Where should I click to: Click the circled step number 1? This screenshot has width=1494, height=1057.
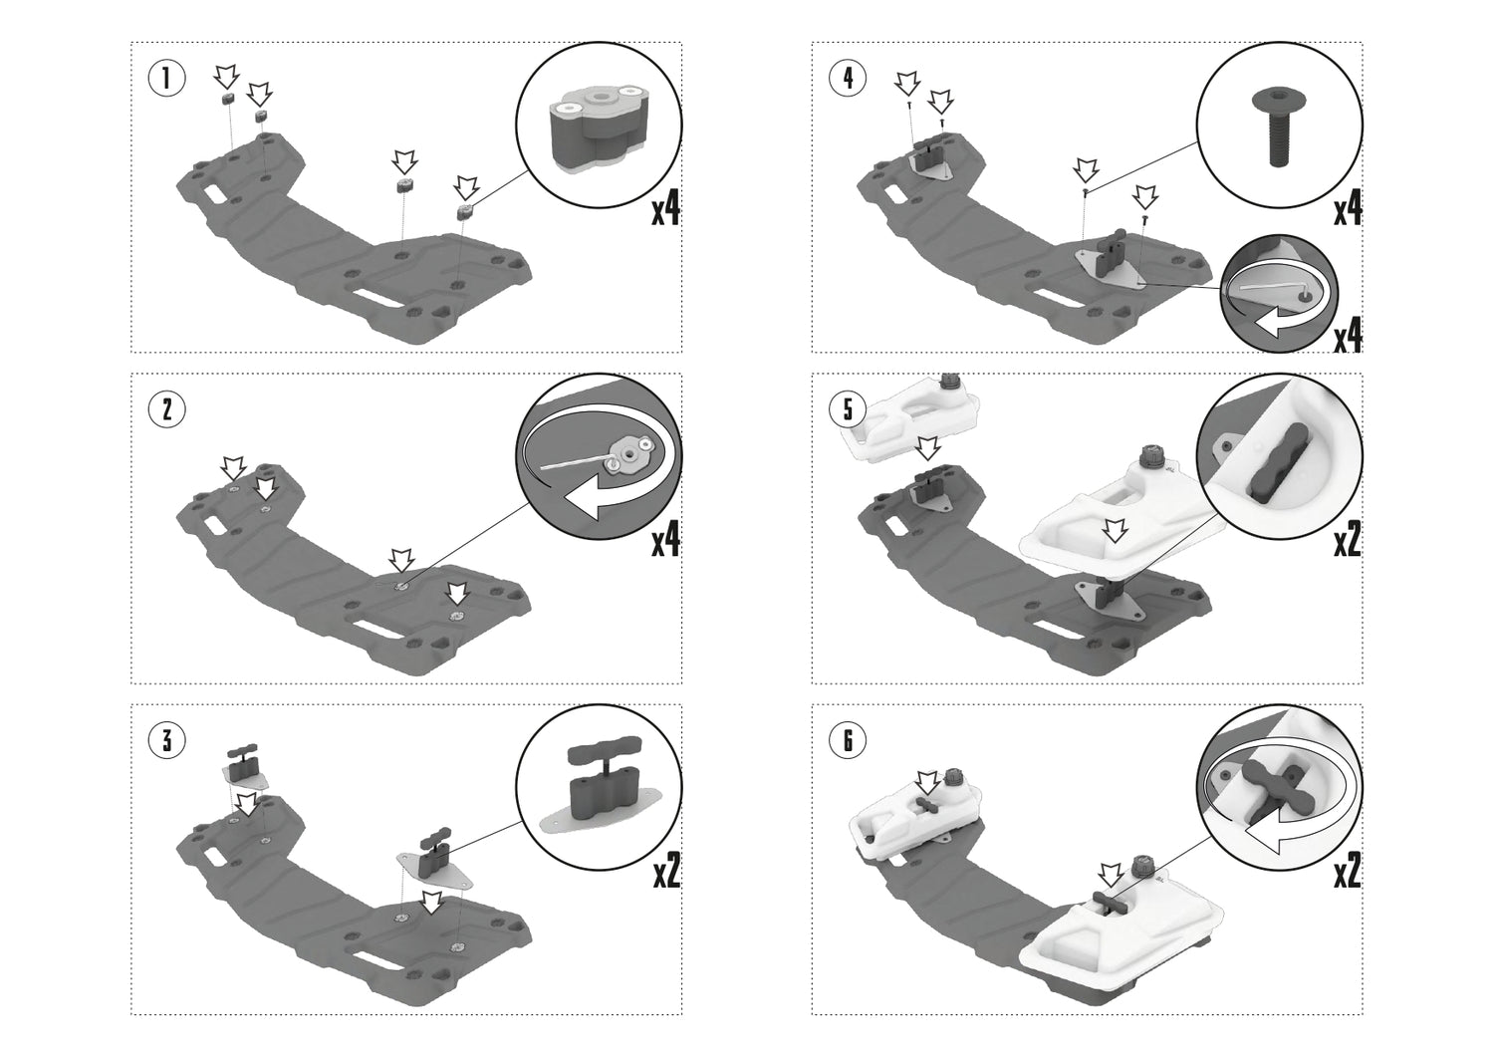(x=166, y=78)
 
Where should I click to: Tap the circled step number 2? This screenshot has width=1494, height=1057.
(x=166, y=409)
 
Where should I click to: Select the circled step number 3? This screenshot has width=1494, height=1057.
(x=166, y=740)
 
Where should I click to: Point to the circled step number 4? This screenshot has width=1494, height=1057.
(x=847, y=78)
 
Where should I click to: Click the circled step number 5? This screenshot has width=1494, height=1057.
(x=847, y=409)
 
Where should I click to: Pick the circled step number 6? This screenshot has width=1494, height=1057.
(x=847, y=740)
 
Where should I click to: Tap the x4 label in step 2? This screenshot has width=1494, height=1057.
(x=665, y=539)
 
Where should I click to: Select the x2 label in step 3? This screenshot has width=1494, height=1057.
(x=665, y=870)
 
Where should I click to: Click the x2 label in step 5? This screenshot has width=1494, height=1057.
(x=1348, y=539)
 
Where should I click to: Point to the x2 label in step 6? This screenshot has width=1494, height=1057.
(x=1348, y=870)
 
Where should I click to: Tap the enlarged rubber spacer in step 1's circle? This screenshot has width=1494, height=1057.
(x=598, y=131)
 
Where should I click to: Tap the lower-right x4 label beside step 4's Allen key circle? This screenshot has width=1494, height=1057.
(x=1348, y=336)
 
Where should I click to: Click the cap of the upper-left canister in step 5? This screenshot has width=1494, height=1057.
(x=948, y=381)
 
